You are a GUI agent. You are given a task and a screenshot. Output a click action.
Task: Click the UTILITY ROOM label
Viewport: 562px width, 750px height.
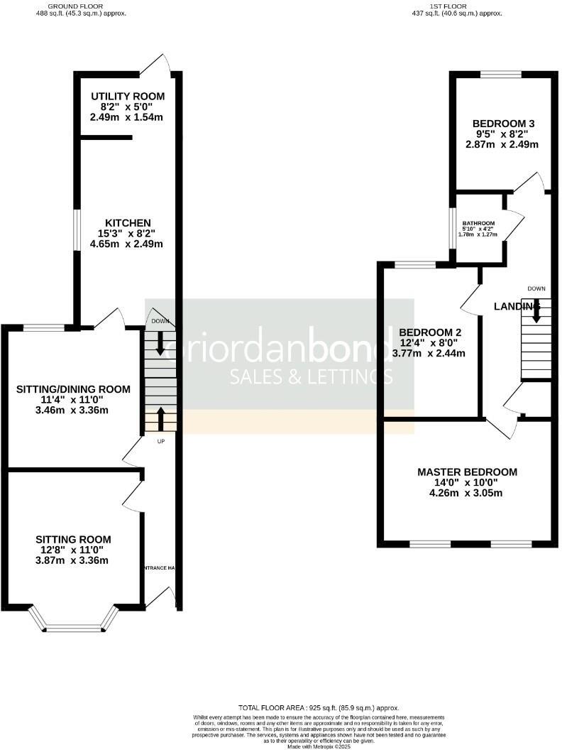[x=128, y=97]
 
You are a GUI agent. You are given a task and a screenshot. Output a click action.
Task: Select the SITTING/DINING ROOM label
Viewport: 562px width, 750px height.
[x=74, y=388]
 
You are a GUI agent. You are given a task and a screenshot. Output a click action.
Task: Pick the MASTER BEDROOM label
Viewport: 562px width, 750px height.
[x=467, y=472]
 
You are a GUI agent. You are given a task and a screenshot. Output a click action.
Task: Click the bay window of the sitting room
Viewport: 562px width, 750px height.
[x=75, y=626]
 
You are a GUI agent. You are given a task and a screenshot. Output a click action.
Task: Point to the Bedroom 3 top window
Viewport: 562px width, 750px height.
[x=501, y=74]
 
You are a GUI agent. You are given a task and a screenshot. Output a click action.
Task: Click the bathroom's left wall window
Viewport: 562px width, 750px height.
[x=451, y=227]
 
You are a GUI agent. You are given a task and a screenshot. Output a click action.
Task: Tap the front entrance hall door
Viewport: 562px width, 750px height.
[x=162, y=597]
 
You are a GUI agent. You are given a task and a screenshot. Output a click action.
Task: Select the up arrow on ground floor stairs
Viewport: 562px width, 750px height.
[x=160, y=418]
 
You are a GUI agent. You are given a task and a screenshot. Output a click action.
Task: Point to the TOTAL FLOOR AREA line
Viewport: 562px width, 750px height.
[x=319, y=708]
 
